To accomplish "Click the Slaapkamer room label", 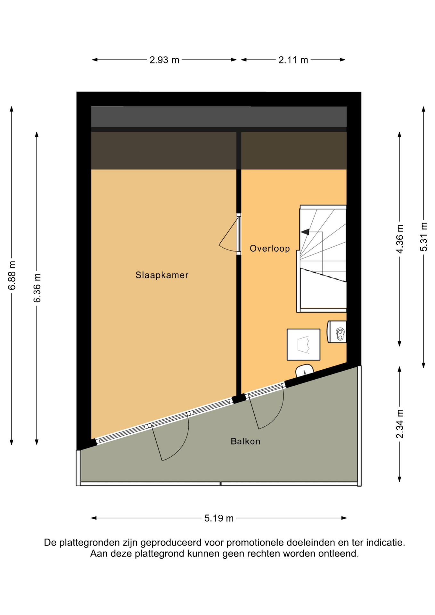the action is coord(162,275).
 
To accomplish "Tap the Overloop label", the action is coord(270,248).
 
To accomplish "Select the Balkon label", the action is coord(245,441).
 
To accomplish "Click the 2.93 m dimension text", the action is coord(164,60).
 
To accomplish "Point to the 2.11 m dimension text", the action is coord(293,60).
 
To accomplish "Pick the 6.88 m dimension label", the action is coord(12,275).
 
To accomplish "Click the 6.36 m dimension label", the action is coord(37,288).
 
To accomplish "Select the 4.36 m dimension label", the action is coord(400,239).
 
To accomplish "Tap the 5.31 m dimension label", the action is coord(424,237).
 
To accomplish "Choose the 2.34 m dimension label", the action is coord(400,424).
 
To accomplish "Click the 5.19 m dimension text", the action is coord(219,518).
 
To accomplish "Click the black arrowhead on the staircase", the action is coord(305,232).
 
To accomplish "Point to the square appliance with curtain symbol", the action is coord(303,344).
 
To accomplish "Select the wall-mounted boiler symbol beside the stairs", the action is coord(337,332).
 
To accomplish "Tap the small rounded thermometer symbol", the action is coord(304,371).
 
